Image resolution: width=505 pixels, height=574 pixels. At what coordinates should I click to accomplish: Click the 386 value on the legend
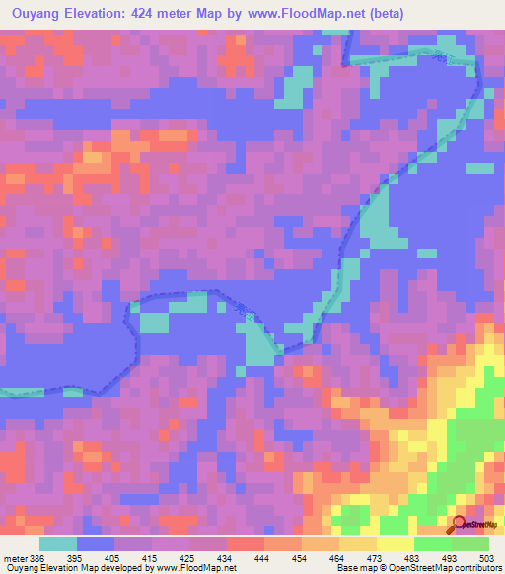pyautogui.click(x=35, y=557)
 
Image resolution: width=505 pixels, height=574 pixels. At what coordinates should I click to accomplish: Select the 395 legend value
pyautogui.click(x=88, y=557)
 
